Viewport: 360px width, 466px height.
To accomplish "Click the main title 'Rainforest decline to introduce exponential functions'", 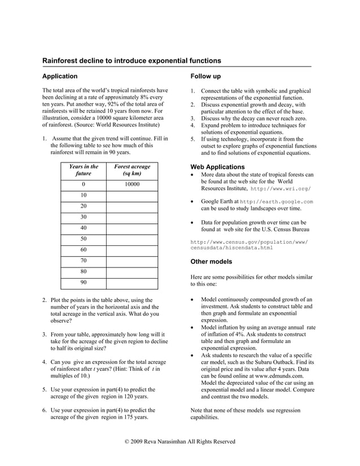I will click(132, 60).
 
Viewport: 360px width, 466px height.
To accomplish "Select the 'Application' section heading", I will click(60, 76).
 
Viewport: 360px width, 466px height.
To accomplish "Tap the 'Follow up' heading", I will click(205, 76).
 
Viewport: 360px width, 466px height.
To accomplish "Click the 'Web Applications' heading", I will click(218, 167).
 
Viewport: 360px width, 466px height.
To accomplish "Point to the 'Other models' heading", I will click(212, 262).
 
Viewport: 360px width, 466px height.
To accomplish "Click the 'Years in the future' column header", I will click(84, 170).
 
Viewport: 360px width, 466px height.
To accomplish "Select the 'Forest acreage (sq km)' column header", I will click(132, 170).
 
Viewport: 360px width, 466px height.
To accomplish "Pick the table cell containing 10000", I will click(132, 184).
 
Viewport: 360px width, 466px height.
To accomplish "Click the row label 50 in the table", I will click(84, 239).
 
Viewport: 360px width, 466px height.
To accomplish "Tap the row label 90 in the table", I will click(84, 282).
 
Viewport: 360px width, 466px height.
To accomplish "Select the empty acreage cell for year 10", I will click(132, 195).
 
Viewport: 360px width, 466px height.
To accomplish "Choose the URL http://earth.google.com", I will click(276, 201).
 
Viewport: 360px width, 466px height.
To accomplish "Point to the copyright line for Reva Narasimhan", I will click(179, 441).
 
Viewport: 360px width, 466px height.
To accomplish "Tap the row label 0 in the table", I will click(84, 184).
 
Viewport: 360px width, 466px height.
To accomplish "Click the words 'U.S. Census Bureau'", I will click(275, 230).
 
